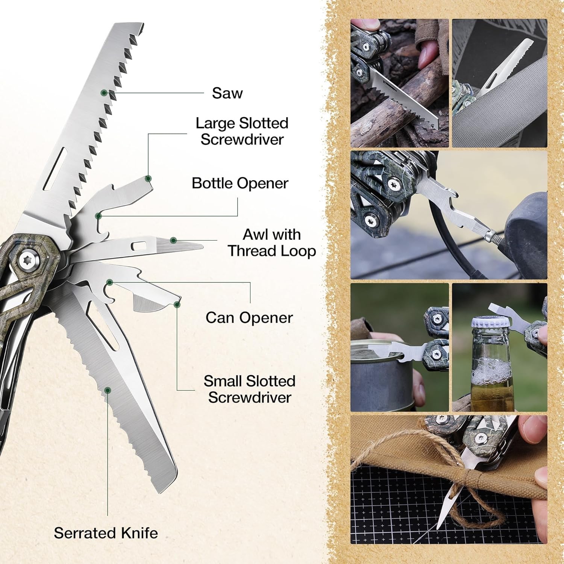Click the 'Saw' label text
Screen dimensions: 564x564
click(x=227, y=93)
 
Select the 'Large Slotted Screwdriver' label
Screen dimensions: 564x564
click(x=242, y=131)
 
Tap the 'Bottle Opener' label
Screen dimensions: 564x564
click(x=240, y=183)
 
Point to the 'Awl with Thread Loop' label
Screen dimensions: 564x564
click(x=271, y=243)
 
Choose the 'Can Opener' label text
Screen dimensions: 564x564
click(x=249, y=318)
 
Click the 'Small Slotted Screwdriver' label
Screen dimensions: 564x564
click(x=249, y=389)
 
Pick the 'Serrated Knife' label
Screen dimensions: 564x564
click(x=106, y=533)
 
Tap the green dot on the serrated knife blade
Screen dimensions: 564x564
click(x=108, y=390)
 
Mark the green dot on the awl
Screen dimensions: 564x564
click(x=173, y=240)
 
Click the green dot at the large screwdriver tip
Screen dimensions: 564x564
click(x=148, y=178)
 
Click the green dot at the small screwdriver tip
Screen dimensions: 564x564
click(x=177, y=304)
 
